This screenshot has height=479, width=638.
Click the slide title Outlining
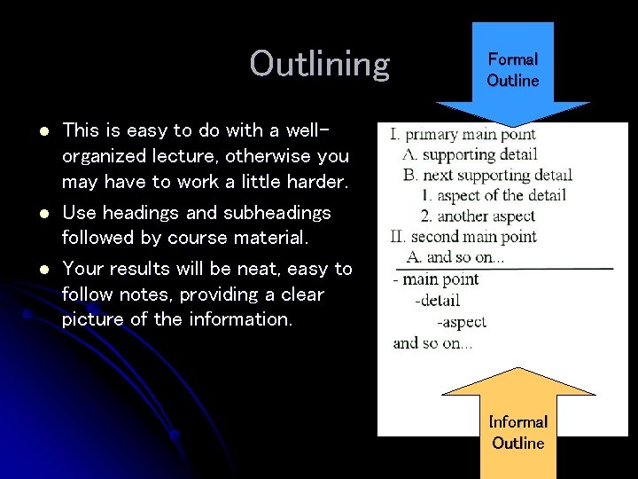319,64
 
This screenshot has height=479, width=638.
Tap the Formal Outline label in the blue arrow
512,70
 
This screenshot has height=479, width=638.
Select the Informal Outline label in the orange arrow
518,432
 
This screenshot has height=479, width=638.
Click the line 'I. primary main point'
463,135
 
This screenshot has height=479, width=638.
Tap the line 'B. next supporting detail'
487,175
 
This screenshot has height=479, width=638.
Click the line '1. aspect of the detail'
494,195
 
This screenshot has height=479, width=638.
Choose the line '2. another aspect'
479,216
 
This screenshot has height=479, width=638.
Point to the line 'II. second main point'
463,236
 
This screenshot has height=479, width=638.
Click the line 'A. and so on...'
455,256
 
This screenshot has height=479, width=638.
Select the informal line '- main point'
436,279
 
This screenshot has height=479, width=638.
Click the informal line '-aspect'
461,322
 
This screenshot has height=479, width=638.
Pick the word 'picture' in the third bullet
93,319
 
